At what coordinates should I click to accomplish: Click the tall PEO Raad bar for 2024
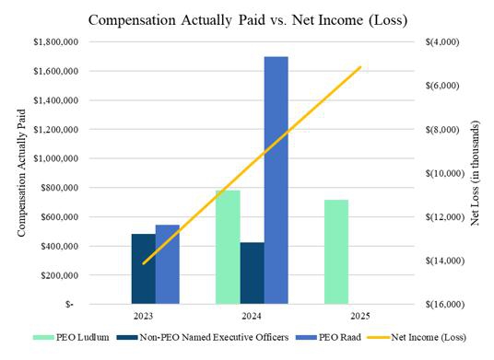(276, 180)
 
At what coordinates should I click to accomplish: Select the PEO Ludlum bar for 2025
(336, 251)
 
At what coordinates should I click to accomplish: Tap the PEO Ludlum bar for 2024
(228, 247)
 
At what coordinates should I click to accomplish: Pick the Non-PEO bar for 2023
(144, 269)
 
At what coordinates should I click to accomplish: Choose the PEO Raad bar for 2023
(168, 264)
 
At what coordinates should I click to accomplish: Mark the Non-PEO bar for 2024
(252, 273)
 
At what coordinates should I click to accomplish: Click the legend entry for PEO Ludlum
(71, 337)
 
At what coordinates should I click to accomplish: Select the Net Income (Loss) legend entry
(417, 337)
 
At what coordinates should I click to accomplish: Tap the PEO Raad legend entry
(329, 337)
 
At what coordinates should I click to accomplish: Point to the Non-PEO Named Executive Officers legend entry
(203, 337)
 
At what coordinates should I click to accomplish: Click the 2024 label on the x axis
(252, 316)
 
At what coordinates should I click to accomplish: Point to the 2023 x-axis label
(143, 316)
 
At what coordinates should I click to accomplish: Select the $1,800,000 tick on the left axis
(56, 41)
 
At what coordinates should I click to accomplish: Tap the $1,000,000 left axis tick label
(56, 158)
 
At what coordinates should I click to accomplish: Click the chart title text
(248, 20)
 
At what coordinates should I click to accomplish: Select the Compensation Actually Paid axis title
(21, 173)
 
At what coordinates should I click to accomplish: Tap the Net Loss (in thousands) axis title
(475, 173)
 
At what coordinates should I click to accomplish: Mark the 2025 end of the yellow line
(360, 67)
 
